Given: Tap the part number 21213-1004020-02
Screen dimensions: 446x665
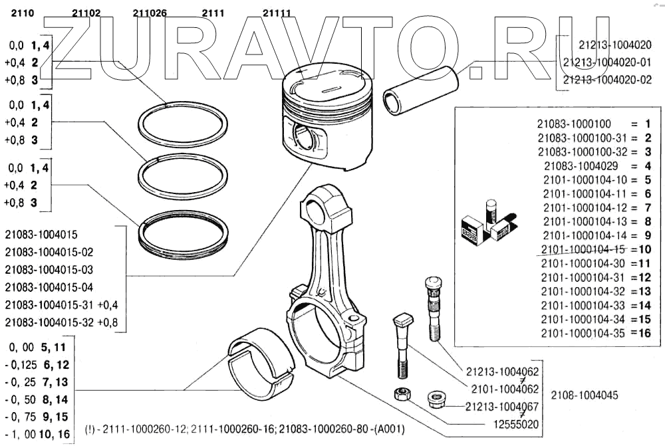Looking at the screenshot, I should coord(606,79).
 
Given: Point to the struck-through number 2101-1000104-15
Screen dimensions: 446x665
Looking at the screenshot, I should coord(583,249).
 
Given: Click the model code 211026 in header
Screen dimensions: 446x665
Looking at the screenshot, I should coord(150,13).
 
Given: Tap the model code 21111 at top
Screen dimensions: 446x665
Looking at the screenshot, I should coord(277,13).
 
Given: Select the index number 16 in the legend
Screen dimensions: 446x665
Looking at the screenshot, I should coord(644,333).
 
